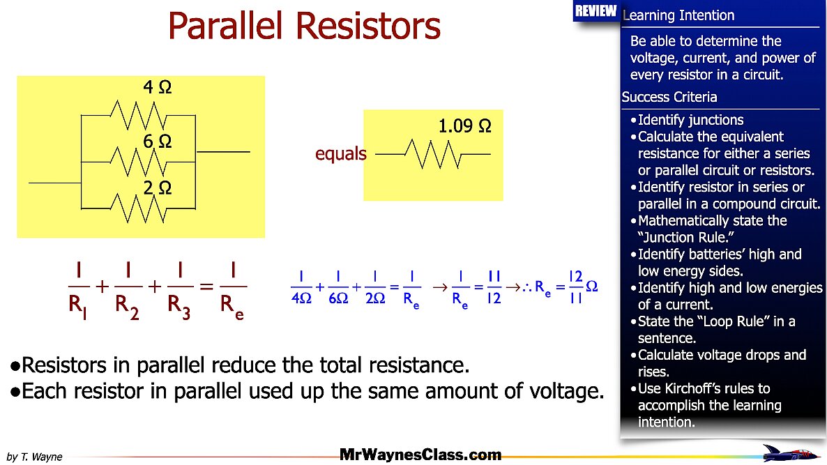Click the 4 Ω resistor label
tap(157, 88)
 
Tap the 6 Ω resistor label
tap(157, 142)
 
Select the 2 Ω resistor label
tap(157, 188)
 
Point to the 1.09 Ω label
tap(464, 127)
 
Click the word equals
tap(340, 154)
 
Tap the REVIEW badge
tap(595, 11)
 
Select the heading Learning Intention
tap(678, 15)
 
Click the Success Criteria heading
tap(669, 97)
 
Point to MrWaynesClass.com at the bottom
tap(420, 455)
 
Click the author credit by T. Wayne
tap(34, 457)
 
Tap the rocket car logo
tap(791, 453)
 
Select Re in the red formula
tap(233, 306)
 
